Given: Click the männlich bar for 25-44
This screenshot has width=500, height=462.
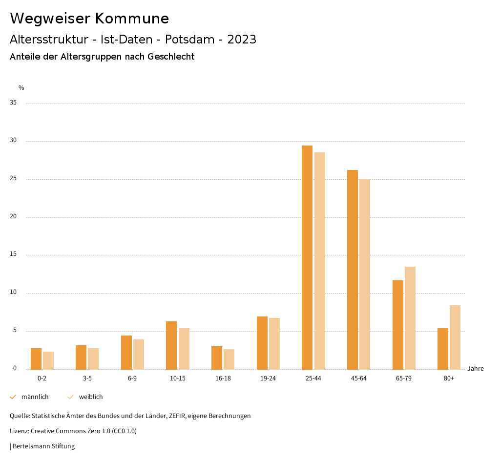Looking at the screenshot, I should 307,257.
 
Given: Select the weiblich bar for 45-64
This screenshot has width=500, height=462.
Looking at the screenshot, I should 365,274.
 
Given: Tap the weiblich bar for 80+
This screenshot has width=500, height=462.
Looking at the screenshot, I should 455,337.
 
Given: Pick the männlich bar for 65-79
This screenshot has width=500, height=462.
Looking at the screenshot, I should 398,325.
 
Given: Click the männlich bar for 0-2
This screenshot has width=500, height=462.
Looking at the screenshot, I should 36,358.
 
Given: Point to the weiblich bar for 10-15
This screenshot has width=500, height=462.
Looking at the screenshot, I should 184,349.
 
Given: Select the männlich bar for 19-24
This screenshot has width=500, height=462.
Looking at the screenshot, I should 262,343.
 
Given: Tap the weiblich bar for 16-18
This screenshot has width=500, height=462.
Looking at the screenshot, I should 229,359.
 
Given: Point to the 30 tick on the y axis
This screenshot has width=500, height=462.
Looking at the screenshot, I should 13,141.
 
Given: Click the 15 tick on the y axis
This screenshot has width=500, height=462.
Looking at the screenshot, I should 13,254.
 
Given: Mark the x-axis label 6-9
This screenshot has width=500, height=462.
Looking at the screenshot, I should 132,378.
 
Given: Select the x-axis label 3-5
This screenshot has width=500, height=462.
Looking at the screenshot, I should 87,378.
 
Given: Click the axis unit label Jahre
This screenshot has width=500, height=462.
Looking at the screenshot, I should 476,369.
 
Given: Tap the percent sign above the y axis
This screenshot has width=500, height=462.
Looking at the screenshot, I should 21,88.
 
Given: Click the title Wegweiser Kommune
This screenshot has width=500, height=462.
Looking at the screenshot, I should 89,19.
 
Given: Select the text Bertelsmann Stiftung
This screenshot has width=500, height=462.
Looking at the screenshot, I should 43,446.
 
